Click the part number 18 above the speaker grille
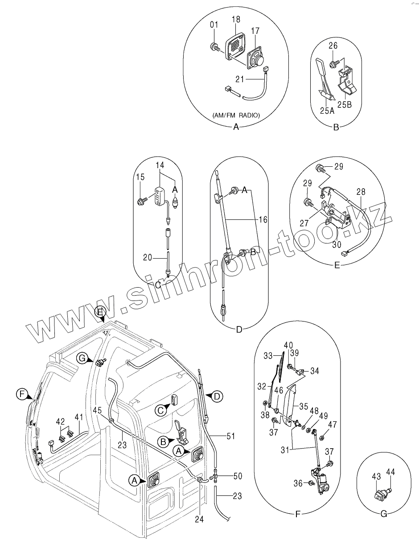point(236,19)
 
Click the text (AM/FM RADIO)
point(236,115)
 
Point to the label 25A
point(327,111)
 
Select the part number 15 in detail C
point(140,177)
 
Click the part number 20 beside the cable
point(148,257)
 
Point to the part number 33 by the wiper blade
point(268,356)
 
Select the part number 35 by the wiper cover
point(304,406)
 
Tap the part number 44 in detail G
point(391,472)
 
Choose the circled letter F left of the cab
point(20,394)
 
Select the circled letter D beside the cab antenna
point(217,396)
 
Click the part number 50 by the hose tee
point(238,477)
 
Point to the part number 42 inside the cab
point(60,420)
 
